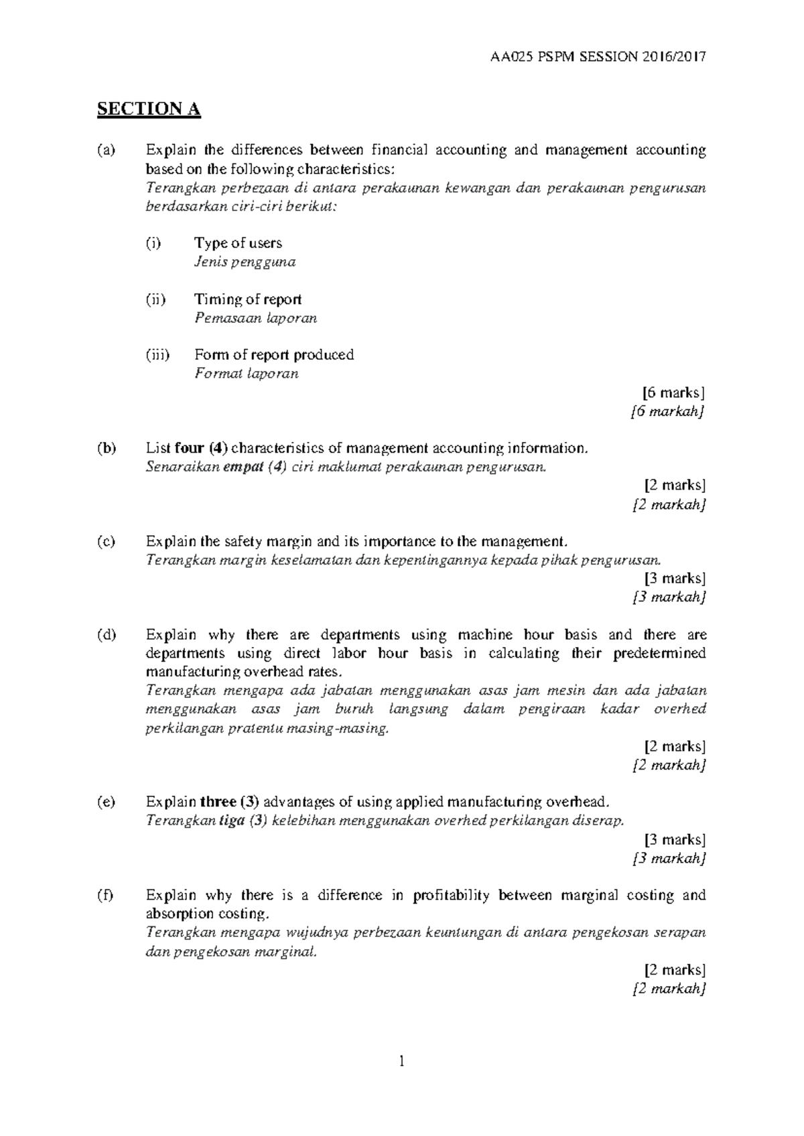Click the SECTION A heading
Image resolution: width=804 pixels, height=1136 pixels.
point(149,109)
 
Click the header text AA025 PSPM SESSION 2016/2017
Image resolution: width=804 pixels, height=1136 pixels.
point(598,57)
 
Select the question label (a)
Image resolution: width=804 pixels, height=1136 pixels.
point(106,150)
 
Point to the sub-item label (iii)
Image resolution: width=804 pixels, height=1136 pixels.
point(157,354)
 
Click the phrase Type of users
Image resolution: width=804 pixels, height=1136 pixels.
point(238,243)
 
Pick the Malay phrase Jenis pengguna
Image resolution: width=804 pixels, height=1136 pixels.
point(245,262)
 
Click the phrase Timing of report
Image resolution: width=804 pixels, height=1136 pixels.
point(248,299)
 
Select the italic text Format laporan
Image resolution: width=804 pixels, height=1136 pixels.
point(246,374)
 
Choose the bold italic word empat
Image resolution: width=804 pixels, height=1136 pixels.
point(243,467)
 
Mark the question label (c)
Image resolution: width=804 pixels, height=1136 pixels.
point(106,541)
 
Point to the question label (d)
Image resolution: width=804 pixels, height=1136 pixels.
point(106,634)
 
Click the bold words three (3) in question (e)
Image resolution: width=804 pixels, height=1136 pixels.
point(230,802)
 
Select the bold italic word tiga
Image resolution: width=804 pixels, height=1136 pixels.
point(232,821)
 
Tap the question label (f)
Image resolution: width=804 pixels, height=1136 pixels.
point(105,895)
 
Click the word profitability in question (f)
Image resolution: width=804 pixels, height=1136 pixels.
point(452,895)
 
